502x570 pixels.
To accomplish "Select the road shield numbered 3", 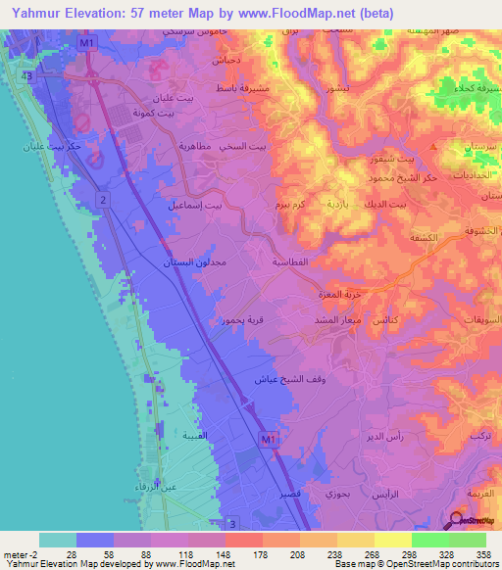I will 231,524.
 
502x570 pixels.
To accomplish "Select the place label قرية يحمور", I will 239,319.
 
